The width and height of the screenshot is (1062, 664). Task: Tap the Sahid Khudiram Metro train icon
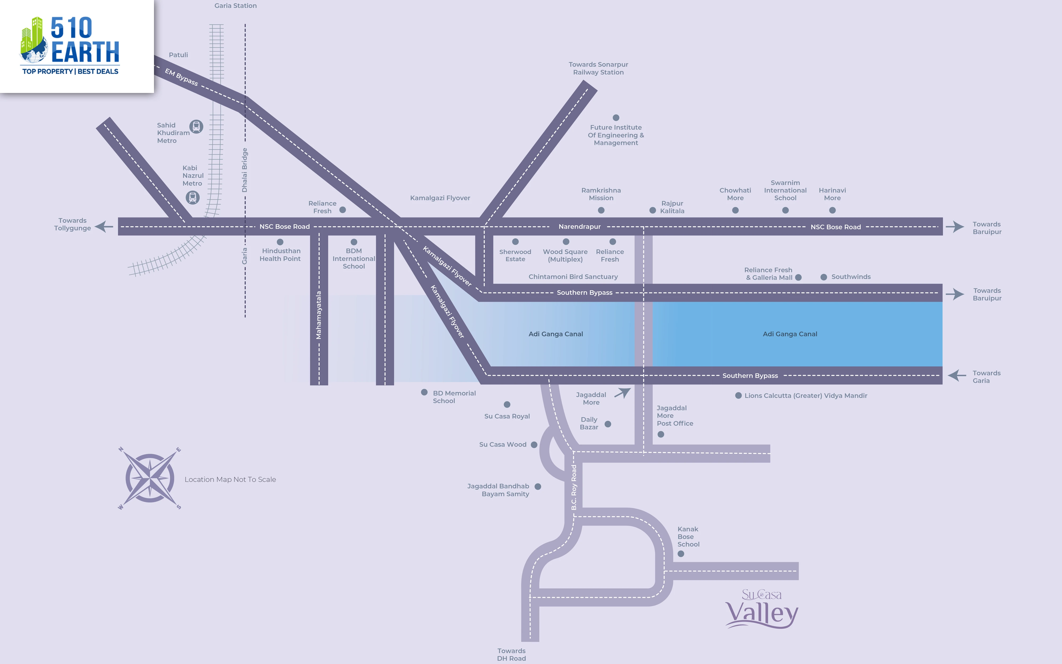coord(196,126)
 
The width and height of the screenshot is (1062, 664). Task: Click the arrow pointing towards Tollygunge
coord(104,227)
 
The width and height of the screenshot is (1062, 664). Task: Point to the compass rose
coord(150,478)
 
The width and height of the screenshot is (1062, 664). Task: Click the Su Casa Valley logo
coord(761,609)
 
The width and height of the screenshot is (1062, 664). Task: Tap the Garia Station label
coord(236,6)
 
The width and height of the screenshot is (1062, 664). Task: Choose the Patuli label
coord(178,55)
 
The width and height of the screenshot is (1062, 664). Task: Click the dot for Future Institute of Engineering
coord(616,118)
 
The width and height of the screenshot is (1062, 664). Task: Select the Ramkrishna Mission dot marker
coord(601,210)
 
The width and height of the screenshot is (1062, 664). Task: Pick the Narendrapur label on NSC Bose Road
coord(580,227)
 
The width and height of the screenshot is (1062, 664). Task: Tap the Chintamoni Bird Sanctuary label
coord(573,277)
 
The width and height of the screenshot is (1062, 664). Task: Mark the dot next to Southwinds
coord(824,277)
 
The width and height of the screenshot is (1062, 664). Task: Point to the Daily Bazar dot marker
coord(608,424)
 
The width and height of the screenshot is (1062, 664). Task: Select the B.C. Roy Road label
coord(574,487)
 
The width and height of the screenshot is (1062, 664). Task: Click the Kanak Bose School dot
coord(681,554)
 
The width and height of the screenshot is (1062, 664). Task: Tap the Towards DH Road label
coord(511,654)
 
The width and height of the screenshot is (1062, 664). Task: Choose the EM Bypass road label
coord(181,77)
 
